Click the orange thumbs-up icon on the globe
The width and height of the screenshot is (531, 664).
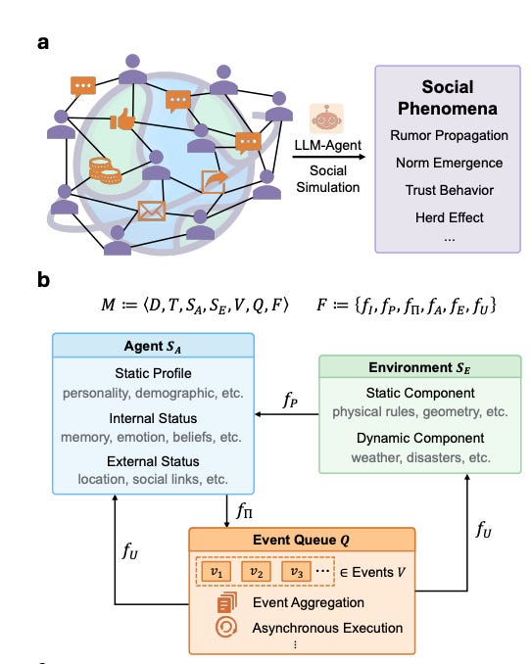click(x=122, y=119)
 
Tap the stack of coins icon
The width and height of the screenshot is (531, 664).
click(x=105, y=170)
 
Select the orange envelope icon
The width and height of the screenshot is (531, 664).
click(x=152, y=211)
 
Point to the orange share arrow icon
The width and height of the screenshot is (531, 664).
click(x=215, y=181)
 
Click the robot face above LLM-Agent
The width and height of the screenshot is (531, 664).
click(x=326, y=119)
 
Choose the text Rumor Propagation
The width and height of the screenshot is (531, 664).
click(x=449, y=135)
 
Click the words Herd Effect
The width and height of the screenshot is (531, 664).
click(x=450, y=217)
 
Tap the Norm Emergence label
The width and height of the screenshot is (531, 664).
click(x=450, y=163)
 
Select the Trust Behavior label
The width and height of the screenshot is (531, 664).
click(x=450, y=190)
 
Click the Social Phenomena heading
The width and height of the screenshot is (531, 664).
click(x=448, y=97)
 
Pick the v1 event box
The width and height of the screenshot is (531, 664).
click(x=217, y=572)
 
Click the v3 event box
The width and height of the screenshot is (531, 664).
click(x=296, y=572)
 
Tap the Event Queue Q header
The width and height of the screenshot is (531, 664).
click(x=302, y=540)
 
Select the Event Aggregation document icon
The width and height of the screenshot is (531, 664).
click(x=227, y=602)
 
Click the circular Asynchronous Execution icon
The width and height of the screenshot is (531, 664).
click(x=226, y=627)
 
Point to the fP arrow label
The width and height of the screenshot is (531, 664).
click(x=290, y=400)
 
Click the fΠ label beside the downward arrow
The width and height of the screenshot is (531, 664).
click(x=245, y=510)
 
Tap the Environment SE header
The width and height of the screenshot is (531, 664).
click(x=419, y=367)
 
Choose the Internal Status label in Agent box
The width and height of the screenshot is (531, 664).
click(x=153, y=418)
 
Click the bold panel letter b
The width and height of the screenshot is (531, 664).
click(x=43, y=280)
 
